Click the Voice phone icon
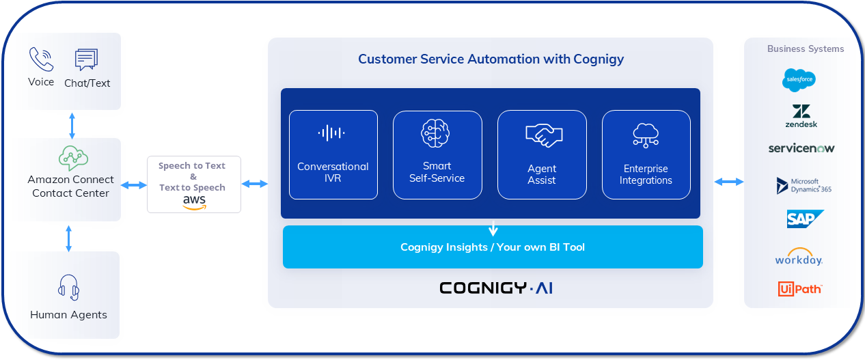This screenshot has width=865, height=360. (41, 59)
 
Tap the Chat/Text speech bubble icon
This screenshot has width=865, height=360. (87, 59)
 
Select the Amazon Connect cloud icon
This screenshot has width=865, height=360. (72, 158)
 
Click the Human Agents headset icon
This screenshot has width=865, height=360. (68, 288)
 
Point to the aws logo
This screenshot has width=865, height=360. (194, 202)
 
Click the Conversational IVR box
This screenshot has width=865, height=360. (333, 154)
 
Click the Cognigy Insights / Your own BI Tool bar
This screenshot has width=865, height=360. (493, 247)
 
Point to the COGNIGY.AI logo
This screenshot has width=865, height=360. (495, 288)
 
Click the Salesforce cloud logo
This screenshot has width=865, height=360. (799, 80)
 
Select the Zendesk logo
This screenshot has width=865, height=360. (801, 116)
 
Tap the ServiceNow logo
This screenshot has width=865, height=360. (801, 148)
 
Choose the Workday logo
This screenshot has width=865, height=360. (799, 257)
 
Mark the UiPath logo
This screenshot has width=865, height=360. (799, 289)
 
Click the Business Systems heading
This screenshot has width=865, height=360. (805, 49)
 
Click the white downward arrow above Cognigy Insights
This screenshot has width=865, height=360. (493, 229)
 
